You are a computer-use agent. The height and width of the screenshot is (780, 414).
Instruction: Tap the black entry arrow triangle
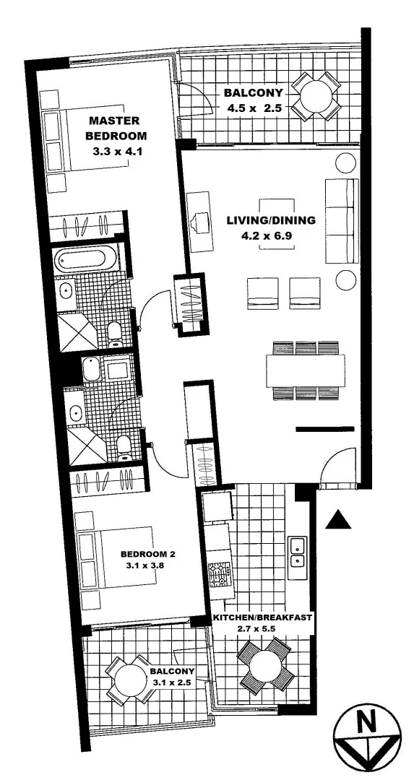coord(337,519)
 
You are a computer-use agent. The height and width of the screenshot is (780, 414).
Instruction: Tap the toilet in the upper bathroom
coord(114,331)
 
